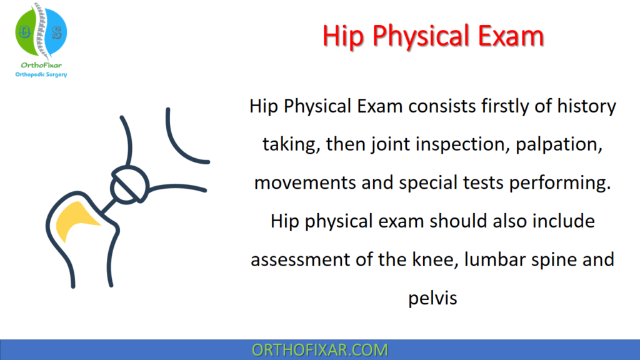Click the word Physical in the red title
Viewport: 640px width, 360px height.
pos(432,37)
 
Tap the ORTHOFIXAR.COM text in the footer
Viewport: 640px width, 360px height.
pos(319,349)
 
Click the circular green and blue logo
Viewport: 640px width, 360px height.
pos(41,29)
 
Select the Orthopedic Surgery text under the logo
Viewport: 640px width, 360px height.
pos(41,74)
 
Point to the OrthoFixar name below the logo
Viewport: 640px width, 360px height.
pos(41,64)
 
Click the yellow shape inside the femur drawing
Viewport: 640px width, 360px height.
pos(76,222)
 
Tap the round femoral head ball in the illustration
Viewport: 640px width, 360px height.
pos(129,184)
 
